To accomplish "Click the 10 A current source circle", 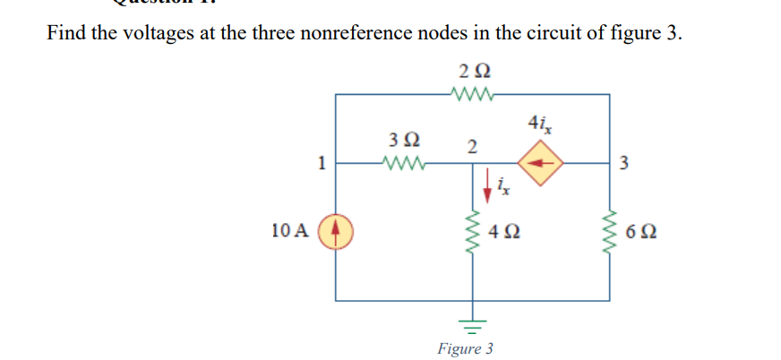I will coord(337,231).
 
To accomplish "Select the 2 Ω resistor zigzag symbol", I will coord(472,92).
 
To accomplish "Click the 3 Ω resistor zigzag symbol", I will coord(401,163).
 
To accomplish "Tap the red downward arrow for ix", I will coord(489,184).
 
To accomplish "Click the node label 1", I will coord(320,163).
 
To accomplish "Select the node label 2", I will coord(471,145).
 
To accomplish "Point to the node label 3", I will coord(624,163).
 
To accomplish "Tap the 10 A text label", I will coord(289,231).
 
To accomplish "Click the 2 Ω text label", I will coord(473,70).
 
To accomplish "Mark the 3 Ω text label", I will coord(404,141).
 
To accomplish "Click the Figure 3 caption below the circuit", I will coord(465,347).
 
